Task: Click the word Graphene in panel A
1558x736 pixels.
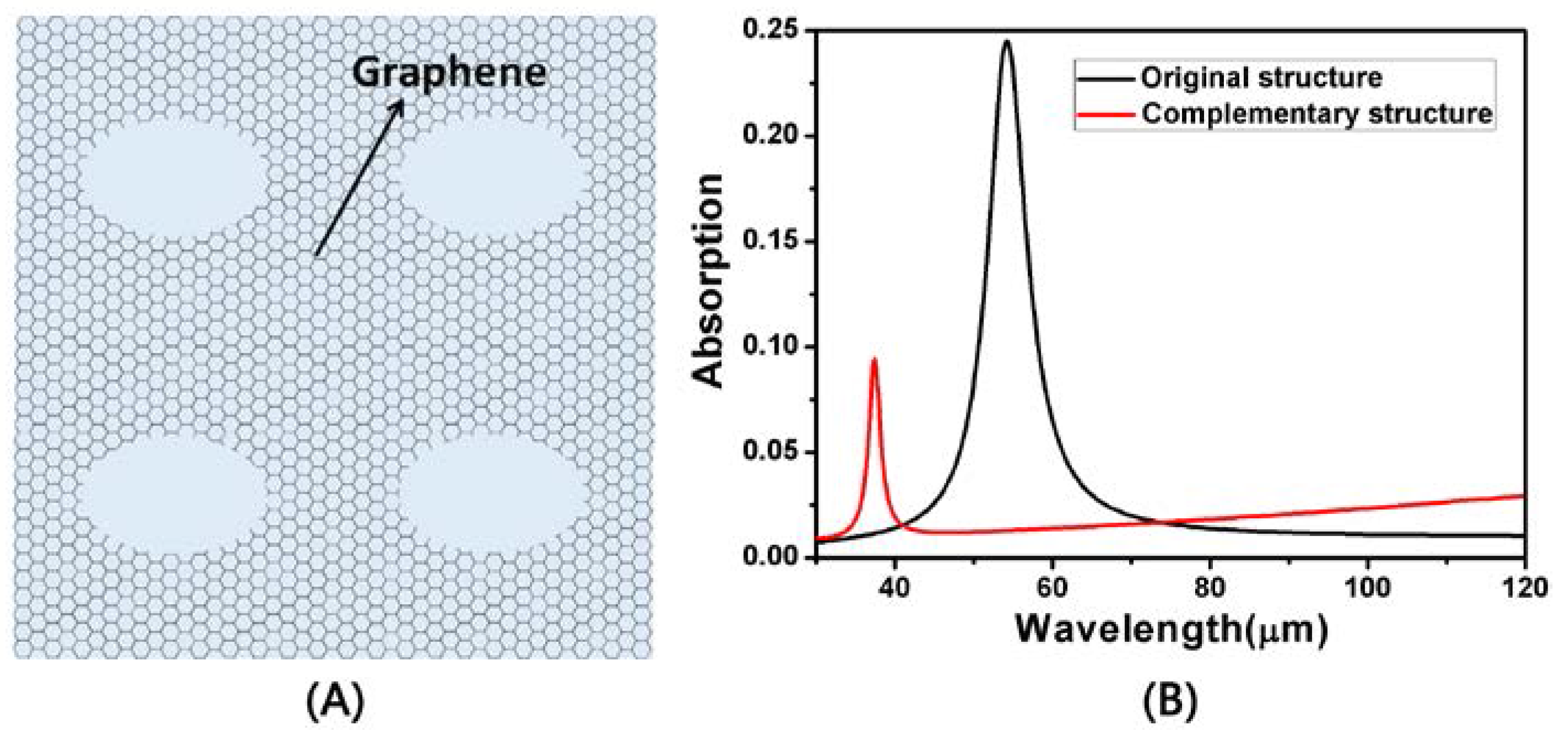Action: pyautogui.click(x=449, y=74)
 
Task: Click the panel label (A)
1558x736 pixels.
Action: pyautogui.click(x=335, y=701)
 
